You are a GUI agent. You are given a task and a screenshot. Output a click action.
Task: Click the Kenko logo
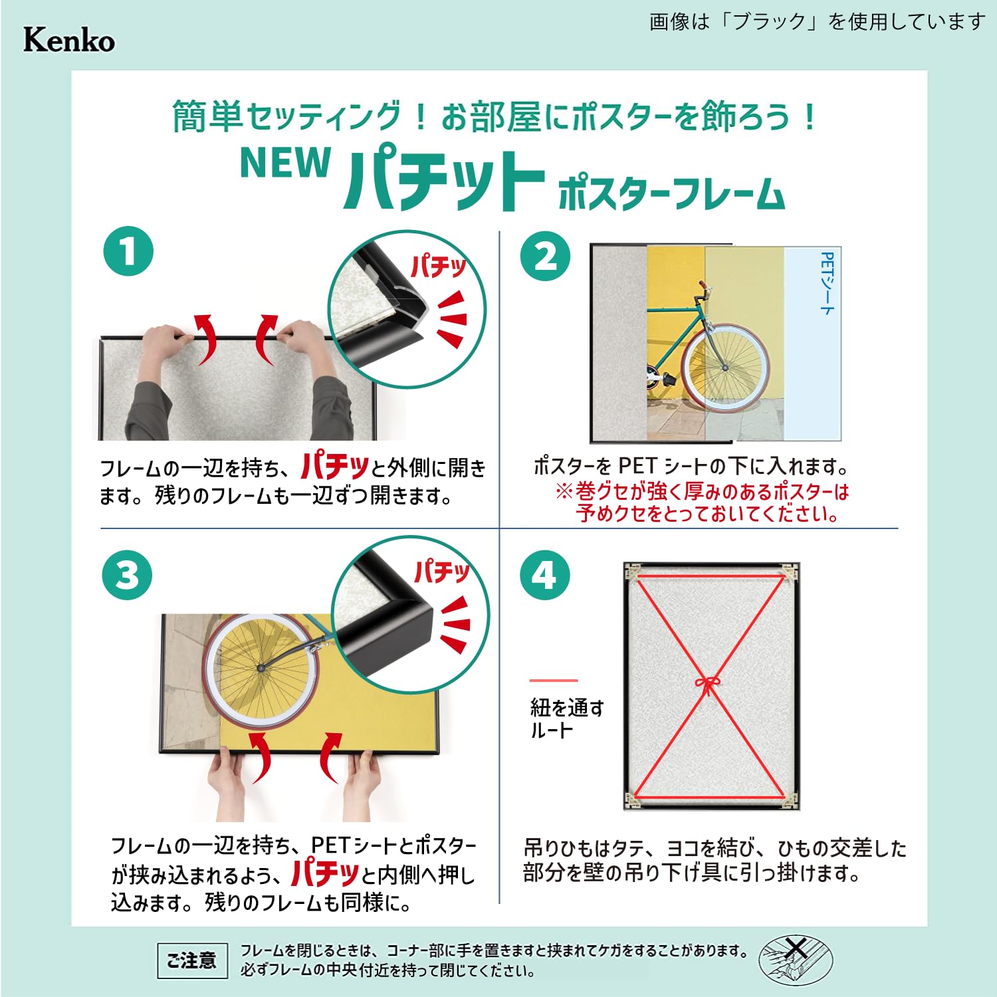[x=69, y=41]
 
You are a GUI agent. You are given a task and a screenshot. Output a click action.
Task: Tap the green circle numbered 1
[x=128, y=251]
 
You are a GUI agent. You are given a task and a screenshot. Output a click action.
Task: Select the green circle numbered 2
[x=545, y=256]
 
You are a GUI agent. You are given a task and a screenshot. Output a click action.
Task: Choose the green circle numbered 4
[x=545, y=575]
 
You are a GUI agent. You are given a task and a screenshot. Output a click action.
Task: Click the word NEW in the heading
[x=285, y=163]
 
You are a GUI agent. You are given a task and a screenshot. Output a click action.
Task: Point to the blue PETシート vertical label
[x=827, y=283]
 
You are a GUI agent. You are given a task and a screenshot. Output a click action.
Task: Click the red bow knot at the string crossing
[x=708, y=685]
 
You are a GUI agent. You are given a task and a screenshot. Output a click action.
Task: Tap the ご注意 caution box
[x=192, y=960]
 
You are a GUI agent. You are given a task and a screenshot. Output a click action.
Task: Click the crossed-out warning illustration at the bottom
[x=796, y=960]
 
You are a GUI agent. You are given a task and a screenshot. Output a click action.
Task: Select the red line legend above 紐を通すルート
[x=554, y=681]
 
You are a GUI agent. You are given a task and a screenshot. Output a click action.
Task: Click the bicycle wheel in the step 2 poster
[x=726, y=366]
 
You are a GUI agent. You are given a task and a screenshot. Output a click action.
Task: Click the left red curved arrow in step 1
[x=207, y=339]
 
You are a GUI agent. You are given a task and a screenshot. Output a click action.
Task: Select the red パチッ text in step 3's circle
[x=442, y=572]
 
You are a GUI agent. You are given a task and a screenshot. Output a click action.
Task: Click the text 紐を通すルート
[x=567, y=719]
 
